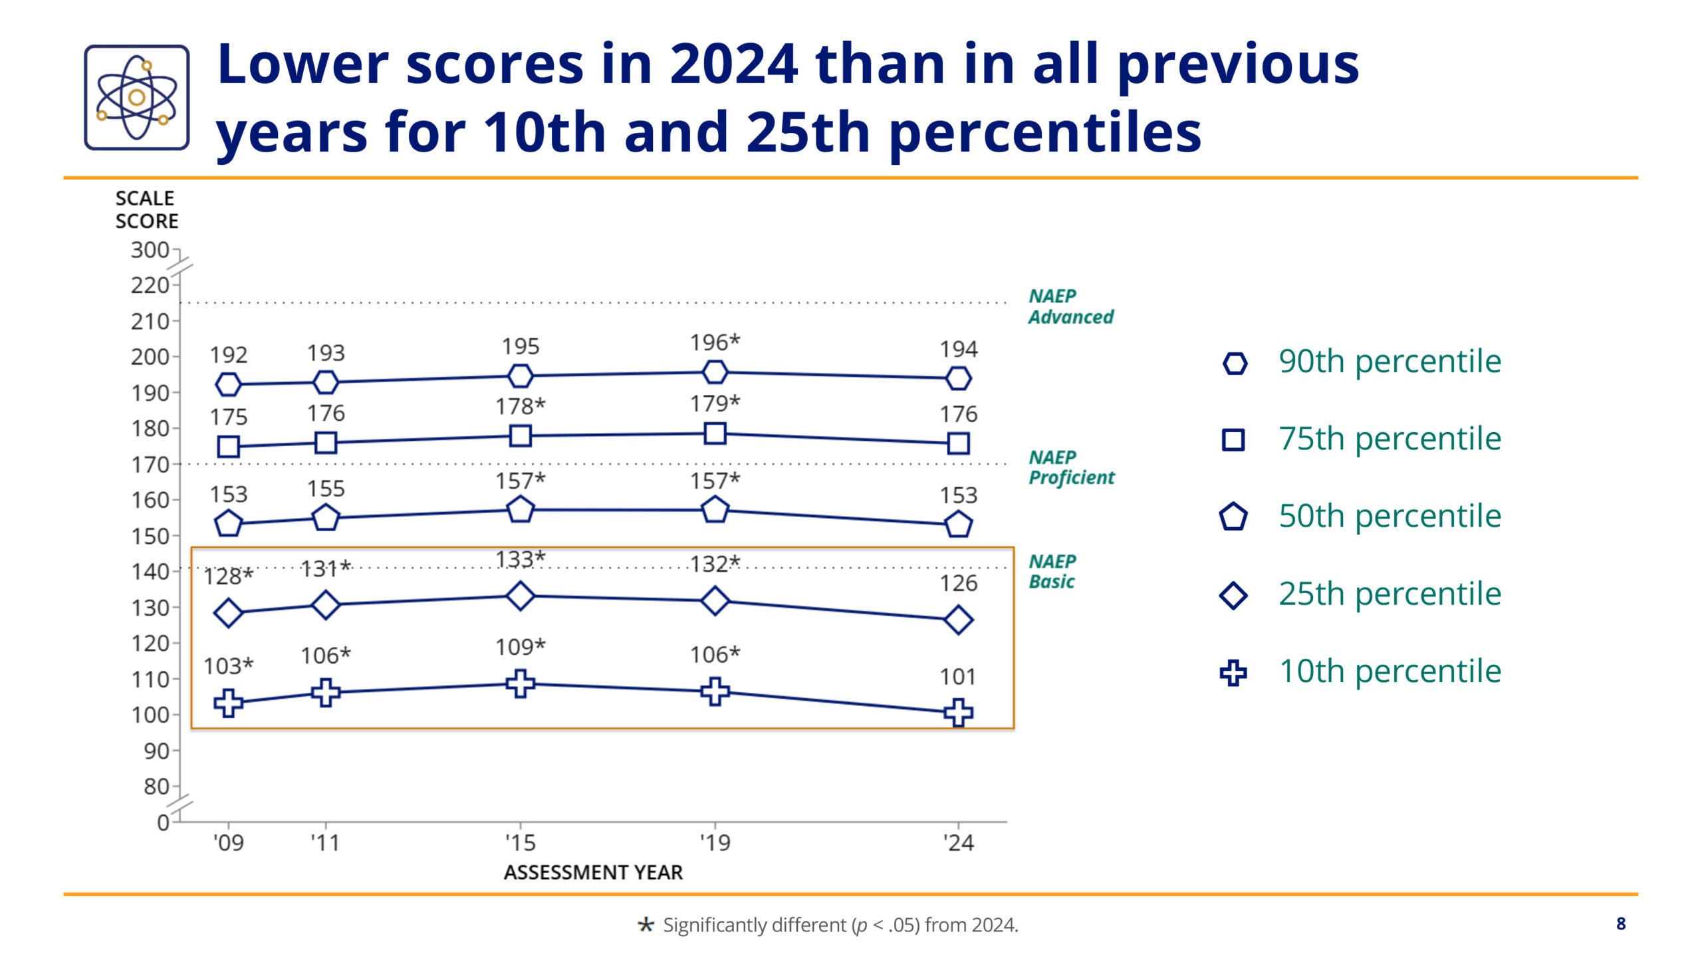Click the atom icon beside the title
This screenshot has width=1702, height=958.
tap(136, 97)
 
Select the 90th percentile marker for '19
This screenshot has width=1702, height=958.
tap(715, 372)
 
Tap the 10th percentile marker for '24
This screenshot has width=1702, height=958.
tap(958, 712)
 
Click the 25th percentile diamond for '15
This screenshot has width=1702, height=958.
tap(520, 595)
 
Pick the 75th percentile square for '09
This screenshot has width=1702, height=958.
tap(228, 447)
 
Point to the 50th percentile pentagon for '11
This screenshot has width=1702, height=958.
tap(325, 517)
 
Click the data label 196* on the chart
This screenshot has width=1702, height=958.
tap(714, 342)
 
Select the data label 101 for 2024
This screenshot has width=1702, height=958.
tap(958, 677)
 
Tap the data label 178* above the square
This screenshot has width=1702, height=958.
tap(520, 406)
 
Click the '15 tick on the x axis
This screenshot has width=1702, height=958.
tap(520, 843)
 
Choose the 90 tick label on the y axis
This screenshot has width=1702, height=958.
tap(156, 751)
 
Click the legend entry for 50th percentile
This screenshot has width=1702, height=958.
tap(1390, 516)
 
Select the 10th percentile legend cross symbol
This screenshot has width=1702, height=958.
tap(1233, 673)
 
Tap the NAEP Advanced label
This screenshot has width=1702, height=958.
tap(1070, 306)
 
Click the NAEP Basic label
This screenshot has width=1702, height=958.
tap(1052, 572)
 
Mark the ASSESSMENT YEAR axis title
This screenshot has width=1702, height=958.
tap(593, 872)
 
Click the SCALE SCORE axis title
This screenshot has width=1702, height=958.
tap(146, 209)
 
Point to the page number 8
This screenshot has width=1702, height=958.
tap(1621, 923)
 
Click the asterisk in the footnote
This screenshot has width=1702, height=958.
tap(645, 925)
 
